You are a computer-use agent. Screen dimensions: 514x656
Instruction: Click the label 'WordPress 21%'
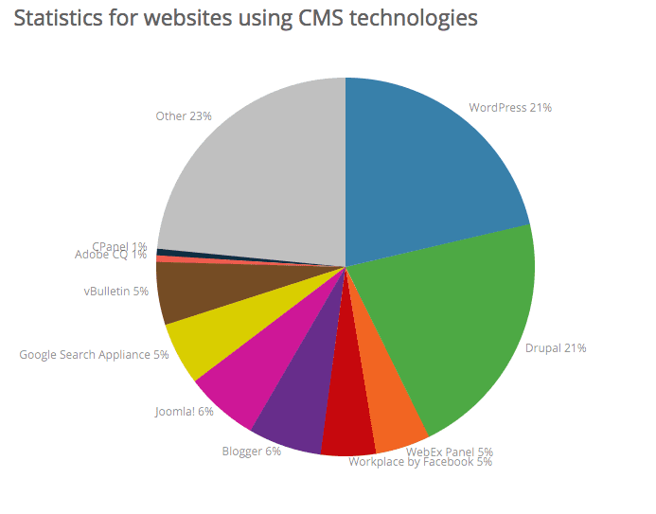coord(510,108)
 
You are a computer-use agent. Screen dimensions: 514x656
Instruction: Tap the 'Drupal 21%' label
coord(556,348)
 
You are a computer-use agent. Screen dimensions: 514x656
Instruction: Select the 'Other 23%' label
coord(184,115)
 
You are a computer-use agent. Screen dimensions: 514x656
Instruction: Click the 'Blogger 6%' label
coord(252,452)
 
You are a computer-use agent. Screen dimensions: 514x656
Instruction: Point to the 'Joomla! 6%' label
coord(185,412)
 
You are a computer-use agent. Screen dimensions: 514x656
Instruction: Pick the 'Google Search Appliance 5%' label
coord(94,355)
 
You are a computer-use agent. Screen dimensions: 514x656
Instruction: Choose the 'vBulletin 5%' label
coord(116,292)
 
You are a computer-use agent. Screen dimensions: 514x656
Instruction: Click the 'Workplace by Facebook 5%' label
coord(419,462)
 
